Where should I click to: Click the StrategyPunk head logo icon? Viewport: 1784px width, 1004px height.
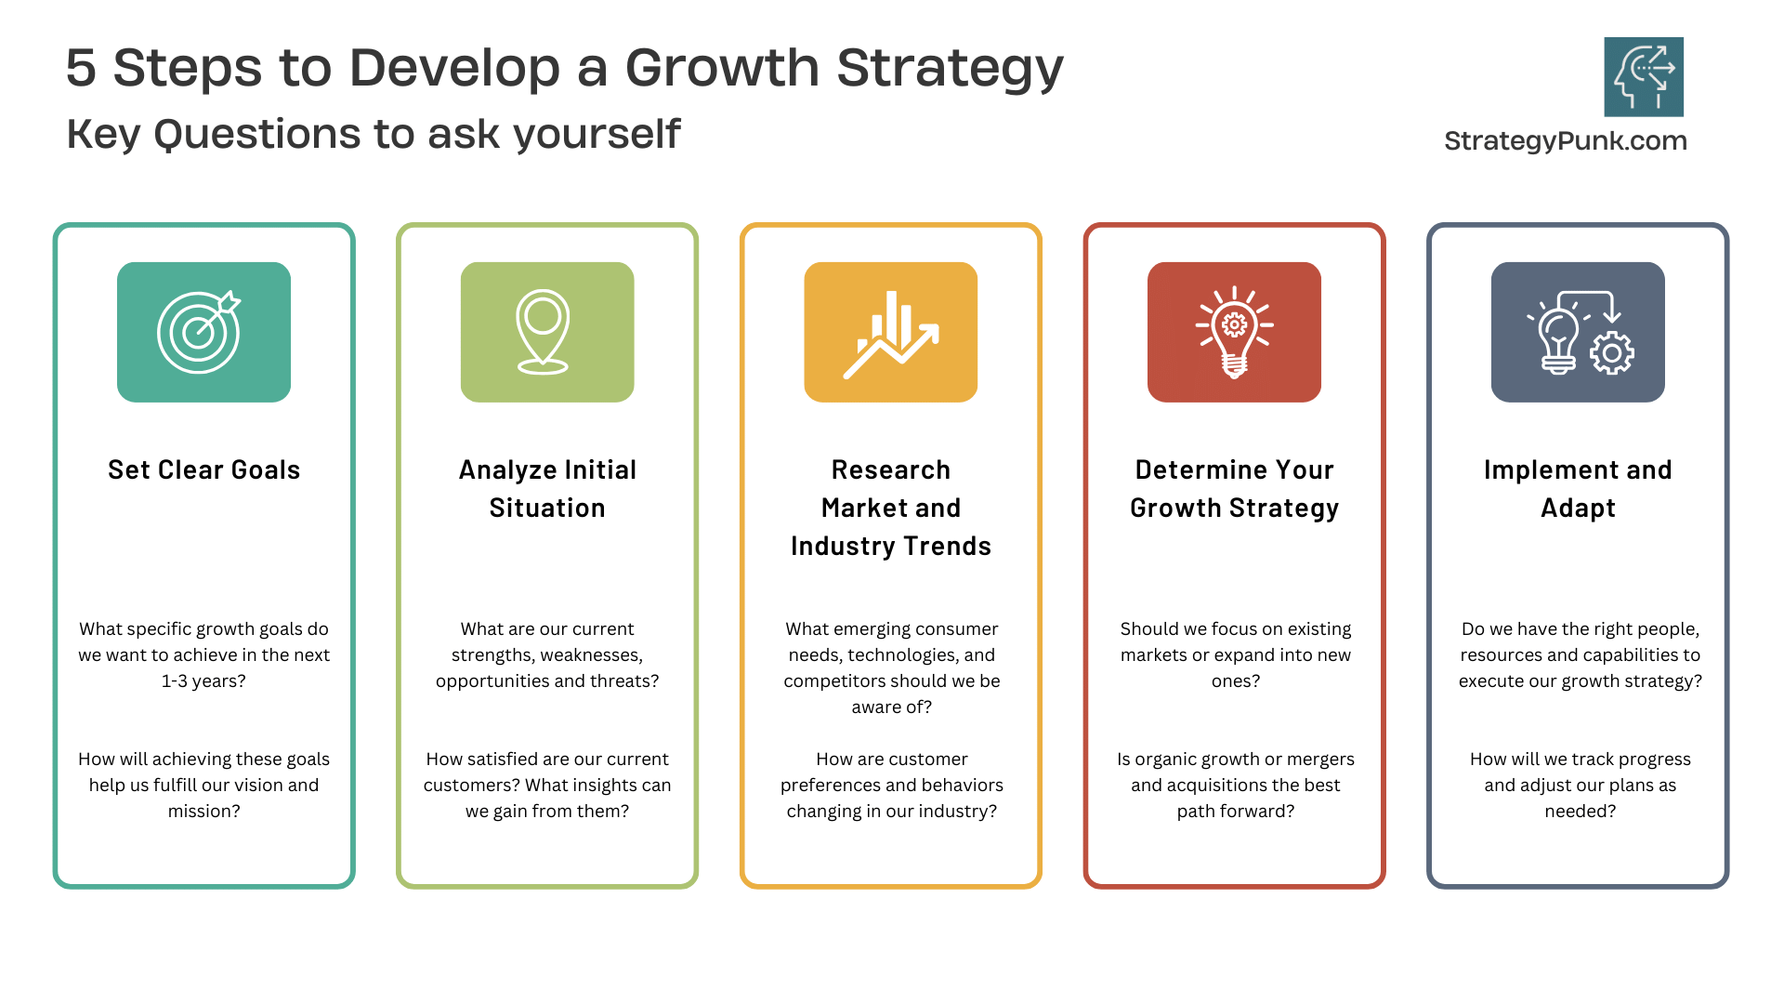tap(1644, 76)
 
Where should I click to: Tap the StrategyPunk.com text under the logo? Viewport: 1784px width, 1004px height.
tap(1566, 141)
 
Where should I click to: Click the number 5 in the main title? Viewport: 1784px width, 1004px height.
tap(81, 69)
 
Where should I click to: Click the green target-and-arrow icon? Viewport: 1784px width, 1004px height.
tap(203, 332)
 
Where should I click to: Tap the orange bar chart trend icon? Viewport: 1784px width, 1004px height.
tap(891, 332)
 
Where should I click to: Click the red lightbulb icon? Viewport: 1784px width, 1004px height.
tap(1234, 332)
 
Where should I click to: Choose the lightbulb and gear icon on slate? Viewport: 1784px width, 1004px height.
tap(1578, 332)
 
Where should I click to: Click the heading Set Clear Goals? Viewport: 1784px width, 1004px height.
tap(204, 470)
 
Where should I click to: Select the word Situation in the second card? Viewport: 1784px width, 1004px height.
tap(547, 509)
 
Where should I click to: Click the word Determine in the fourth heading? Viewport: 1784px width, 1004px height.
tap(1188, 470)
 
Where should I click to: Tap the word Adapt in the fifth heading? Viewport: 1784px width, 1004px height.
tap(1579, 509)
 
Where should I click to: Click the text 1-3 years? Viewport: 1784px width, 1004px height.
tap(203, 681)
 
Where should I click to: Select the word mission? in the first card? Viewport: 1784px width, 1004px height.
tap(203, 812)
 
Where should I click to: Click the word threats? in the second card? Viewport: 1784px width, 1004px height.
tap(623, 681)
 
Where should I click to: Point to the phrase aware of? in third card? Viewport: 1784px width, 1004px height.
tap(892, 707)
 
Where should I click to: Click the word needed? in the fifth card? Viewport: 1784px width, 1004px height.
tap(1581, 812)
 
